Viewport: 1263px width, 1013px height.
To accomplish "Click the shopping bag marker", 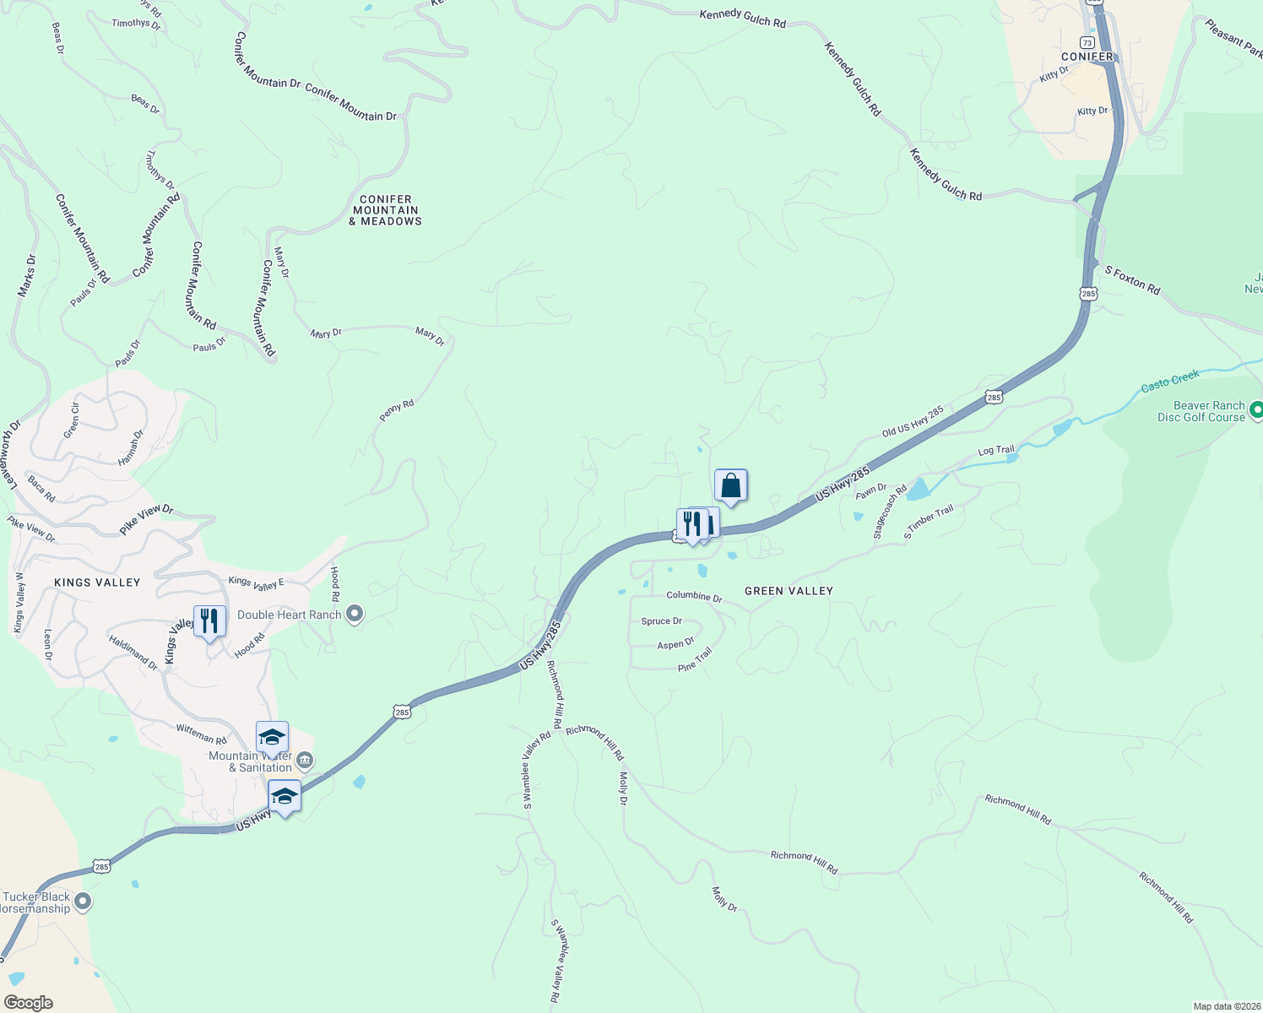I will (731, 486).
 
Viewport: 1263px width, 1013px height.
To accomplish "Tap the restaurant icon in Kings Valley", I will (209, 621).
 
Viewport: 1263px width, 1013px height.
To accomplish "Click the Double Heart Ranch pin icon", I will (355, 614).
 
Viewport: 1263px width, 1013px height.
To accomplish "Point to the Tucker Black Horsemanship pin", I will (83, 902).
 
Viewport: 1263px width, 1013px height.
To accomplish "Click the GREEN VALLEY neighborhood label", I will (789, 591).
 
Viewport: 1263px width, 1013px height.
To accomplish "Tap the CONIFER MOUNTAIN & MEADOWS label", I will (386, 210).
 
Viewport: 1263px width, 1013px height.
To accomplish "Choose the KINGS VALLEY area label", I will (97, 582).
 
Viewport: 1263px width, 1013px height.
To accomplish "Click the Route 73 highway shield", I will (1087, 42).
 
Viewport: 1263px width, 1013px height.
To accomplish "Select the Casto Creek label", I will (1170, 382).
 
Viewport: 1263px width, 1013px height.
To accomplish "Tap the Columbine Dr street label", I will (694, 596).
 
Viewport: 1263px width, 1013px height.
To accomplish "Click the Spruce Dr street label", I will (661, 621).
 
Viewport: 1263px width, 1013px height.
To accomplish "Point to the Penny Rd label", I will (397, 410).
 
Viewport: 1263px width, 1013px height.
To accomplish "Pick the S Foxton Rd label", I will (1132, 279).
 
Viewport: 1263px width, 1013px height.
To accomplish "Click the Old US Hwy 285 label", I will (913, 422).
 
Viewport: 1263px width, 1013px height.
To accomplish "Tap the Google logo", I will (29, 1003).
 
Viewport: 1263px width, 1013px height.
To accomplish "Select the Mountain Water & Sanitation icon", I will (306, 761).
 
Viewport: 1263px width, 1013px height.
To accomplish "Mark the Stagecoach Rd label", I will (890, 512).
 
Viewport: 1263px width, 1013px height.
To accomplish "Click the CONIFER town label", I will (1087, 57).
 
